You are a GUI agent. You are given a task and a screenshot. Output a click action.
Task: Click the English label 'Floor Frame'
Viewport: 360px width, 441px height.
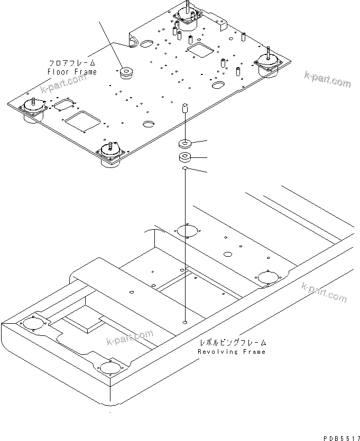point(72,72)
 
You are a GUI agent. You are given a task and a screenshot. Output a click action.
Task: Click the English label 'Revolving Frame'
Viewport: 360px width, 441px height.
point(232,352)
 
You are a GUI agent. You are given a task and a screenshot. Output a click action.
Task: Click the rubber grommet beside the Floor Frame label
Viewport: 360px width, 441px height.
point(126,73)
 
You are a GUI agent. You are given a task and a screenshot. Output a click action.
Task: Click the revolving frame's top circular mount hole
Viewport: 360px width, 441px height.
point(187,231)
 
